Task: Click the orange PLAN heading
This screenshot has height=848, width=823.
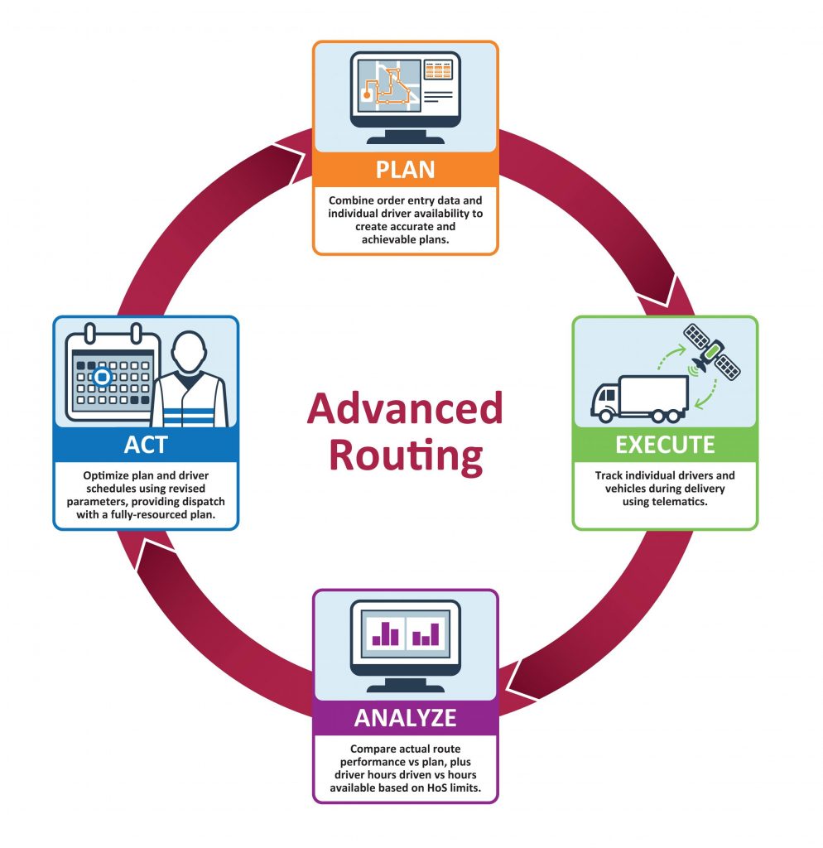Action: (x=405, y=169)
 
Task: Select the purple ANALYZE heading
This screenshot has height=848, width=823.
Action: (x=405, y=718)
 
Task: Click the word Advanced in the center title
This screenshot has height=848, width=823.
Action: (x=405, y=408)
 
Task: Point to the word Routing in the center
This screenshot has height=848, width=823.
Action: (x=405, y=455)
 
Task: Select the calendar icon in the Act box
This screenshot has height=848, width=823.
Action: (x=110, y=377)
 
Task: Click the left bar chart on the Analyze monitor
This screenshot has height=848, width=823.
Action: (x=385, y=634)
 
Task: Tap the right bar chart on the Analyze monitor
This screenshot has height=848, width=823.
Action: (x=426, y=634)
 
